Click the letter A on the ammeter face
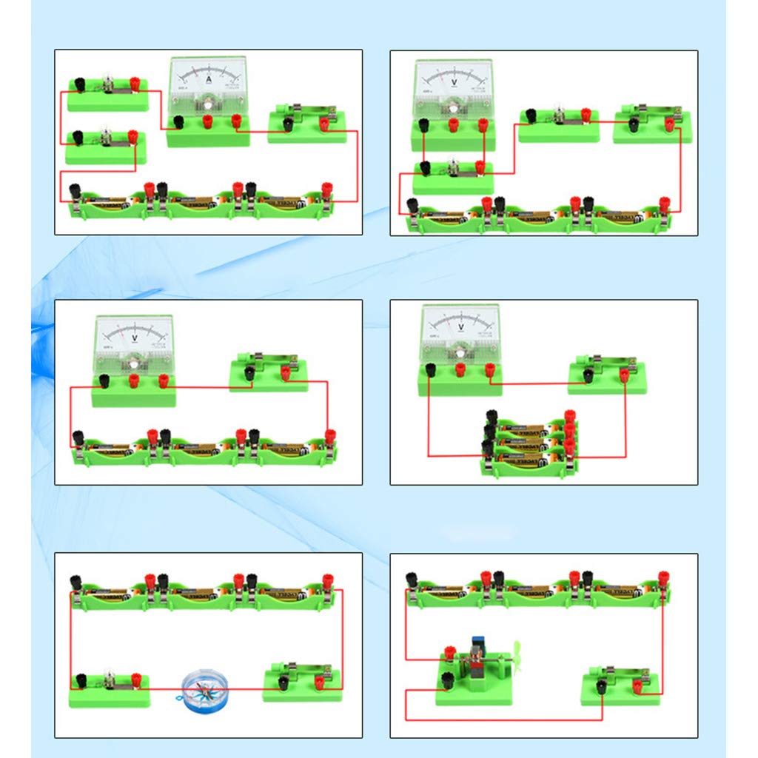(209, 78)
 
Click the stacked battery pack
(529, 445)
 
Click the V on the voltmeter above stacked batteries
(461, 326)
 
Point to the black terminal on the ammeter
(178, 121)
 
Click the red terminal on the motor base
(449, 653)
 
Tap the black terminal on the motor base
(447, 679)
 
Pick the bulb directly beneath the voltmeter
(452, 170)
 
